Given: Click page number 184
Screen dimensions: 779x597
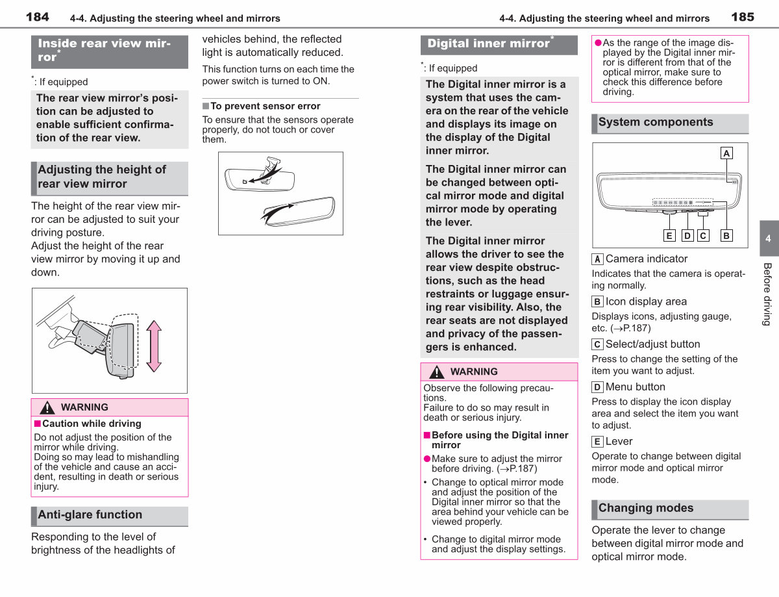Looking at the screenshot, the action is (37, 17).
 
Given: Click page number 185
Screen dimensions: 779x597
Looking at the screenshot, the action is (743, 17).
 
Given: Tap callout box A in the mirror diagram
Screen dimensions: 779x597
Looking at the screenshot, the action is (726, 153).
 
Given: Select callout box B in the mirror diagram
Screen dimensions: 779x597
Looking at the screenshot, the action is (726, 236).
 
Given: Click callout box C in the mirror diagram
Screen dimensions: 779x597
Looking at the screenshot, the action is (703, 236).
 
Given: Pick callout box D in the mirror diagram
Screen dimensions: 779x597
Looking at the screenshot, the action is (687, 236).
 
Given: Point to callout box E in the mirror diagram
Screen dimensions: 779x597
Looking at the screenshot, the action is (669, 236).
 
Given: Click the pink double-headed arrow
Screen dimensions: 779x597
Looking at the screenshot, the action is (154, 346).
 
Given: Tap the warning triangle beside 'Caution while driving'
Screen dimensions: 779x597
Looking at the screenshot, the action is (47, 408).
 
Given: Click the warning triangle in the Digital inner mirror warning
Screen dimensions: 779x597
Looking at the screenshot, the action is (437, 372).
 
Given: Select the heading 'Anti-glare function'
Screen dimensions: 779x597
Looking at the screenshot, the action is (90, 514).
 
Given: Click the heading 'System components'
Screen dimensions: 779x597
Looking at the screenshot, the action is (656, 122).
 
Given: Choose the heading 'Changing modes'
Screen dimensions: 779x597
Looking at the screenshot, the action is (646, 508).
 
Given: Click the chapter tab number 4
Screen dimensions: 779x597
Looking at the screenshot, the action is (768, 238).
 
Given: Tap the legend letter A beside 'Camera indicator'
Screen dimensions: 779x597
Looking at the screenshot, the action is (597, 259).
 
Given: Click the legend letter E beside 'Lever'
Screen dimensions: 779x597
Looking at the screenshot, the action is (597, 441).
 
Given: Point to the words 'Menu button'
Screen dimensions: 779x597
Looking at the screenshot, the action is (636, 387).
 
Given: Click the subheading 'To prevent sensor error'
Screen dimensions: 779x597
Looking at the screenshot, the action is (266, 106).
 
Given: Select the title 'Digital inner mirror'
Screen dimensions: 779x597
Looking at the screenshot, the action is (488, 44).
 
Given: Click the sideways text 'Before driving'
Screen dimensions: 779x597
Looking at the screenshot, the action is (767, 294).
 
